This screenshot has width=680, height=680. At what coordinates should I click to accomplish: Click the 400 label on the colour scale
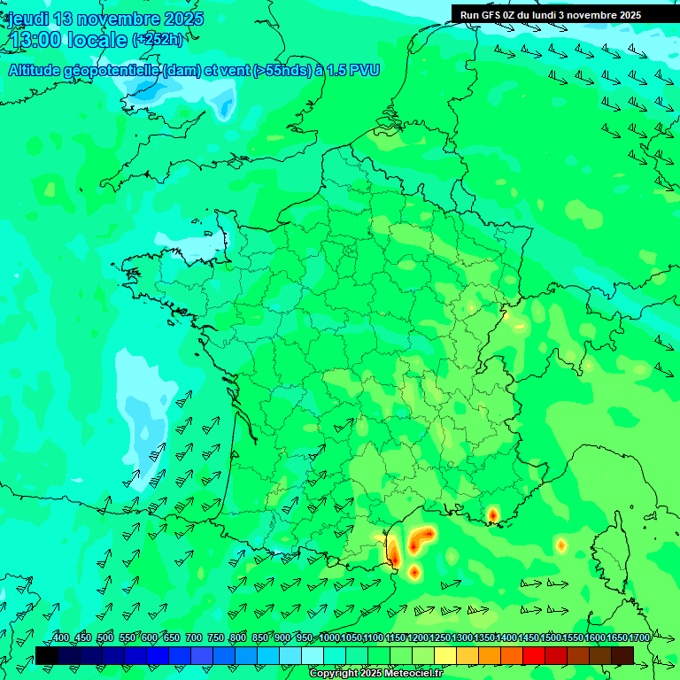coord(61,637)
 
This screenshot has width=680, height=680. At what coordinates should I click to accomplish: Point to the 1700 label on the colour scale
coord(639,637)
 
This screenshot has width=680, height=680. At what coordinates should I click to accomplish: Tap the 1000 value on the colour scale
coord(329,637)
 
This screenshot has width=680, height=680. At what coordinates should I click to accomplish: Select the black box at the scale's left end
coord(47,655)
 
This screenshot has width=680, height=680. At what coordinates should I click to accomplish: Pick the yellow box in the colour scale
coord(445,655)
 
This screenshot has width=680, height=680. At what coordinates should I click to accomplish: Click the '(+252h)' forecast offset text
coord(159,39)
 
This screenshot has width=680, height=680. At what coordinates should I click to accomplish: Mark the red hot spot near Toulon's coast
coord(493,514)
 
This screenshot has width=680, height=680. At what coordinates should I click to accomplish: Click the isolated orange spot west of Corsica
coord(560,545)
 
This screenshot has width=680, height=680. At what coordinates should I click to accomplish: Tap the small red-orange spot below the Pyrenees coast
coord(414,572)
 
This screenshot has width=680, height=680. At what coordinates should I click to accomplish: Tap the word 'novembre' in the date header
coord(120,19)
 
